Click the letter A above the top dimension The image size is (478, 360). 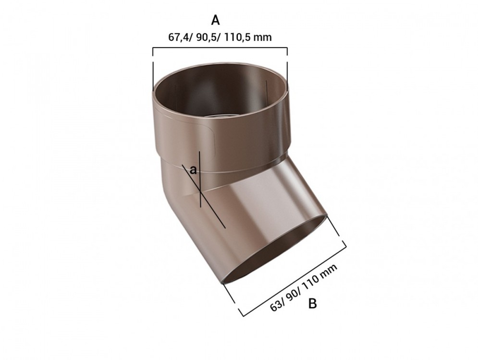click(216, 20)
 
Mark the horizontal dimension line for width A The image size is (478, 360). click(220, 48)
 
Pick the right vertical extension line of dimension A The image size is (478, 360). click(287, 67)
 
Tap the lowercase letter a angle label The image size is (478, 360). click(193, 169)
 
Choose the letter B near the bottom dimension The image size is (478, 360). click(312, 303)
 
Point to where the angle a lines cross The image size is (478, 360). click(199, 191)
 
